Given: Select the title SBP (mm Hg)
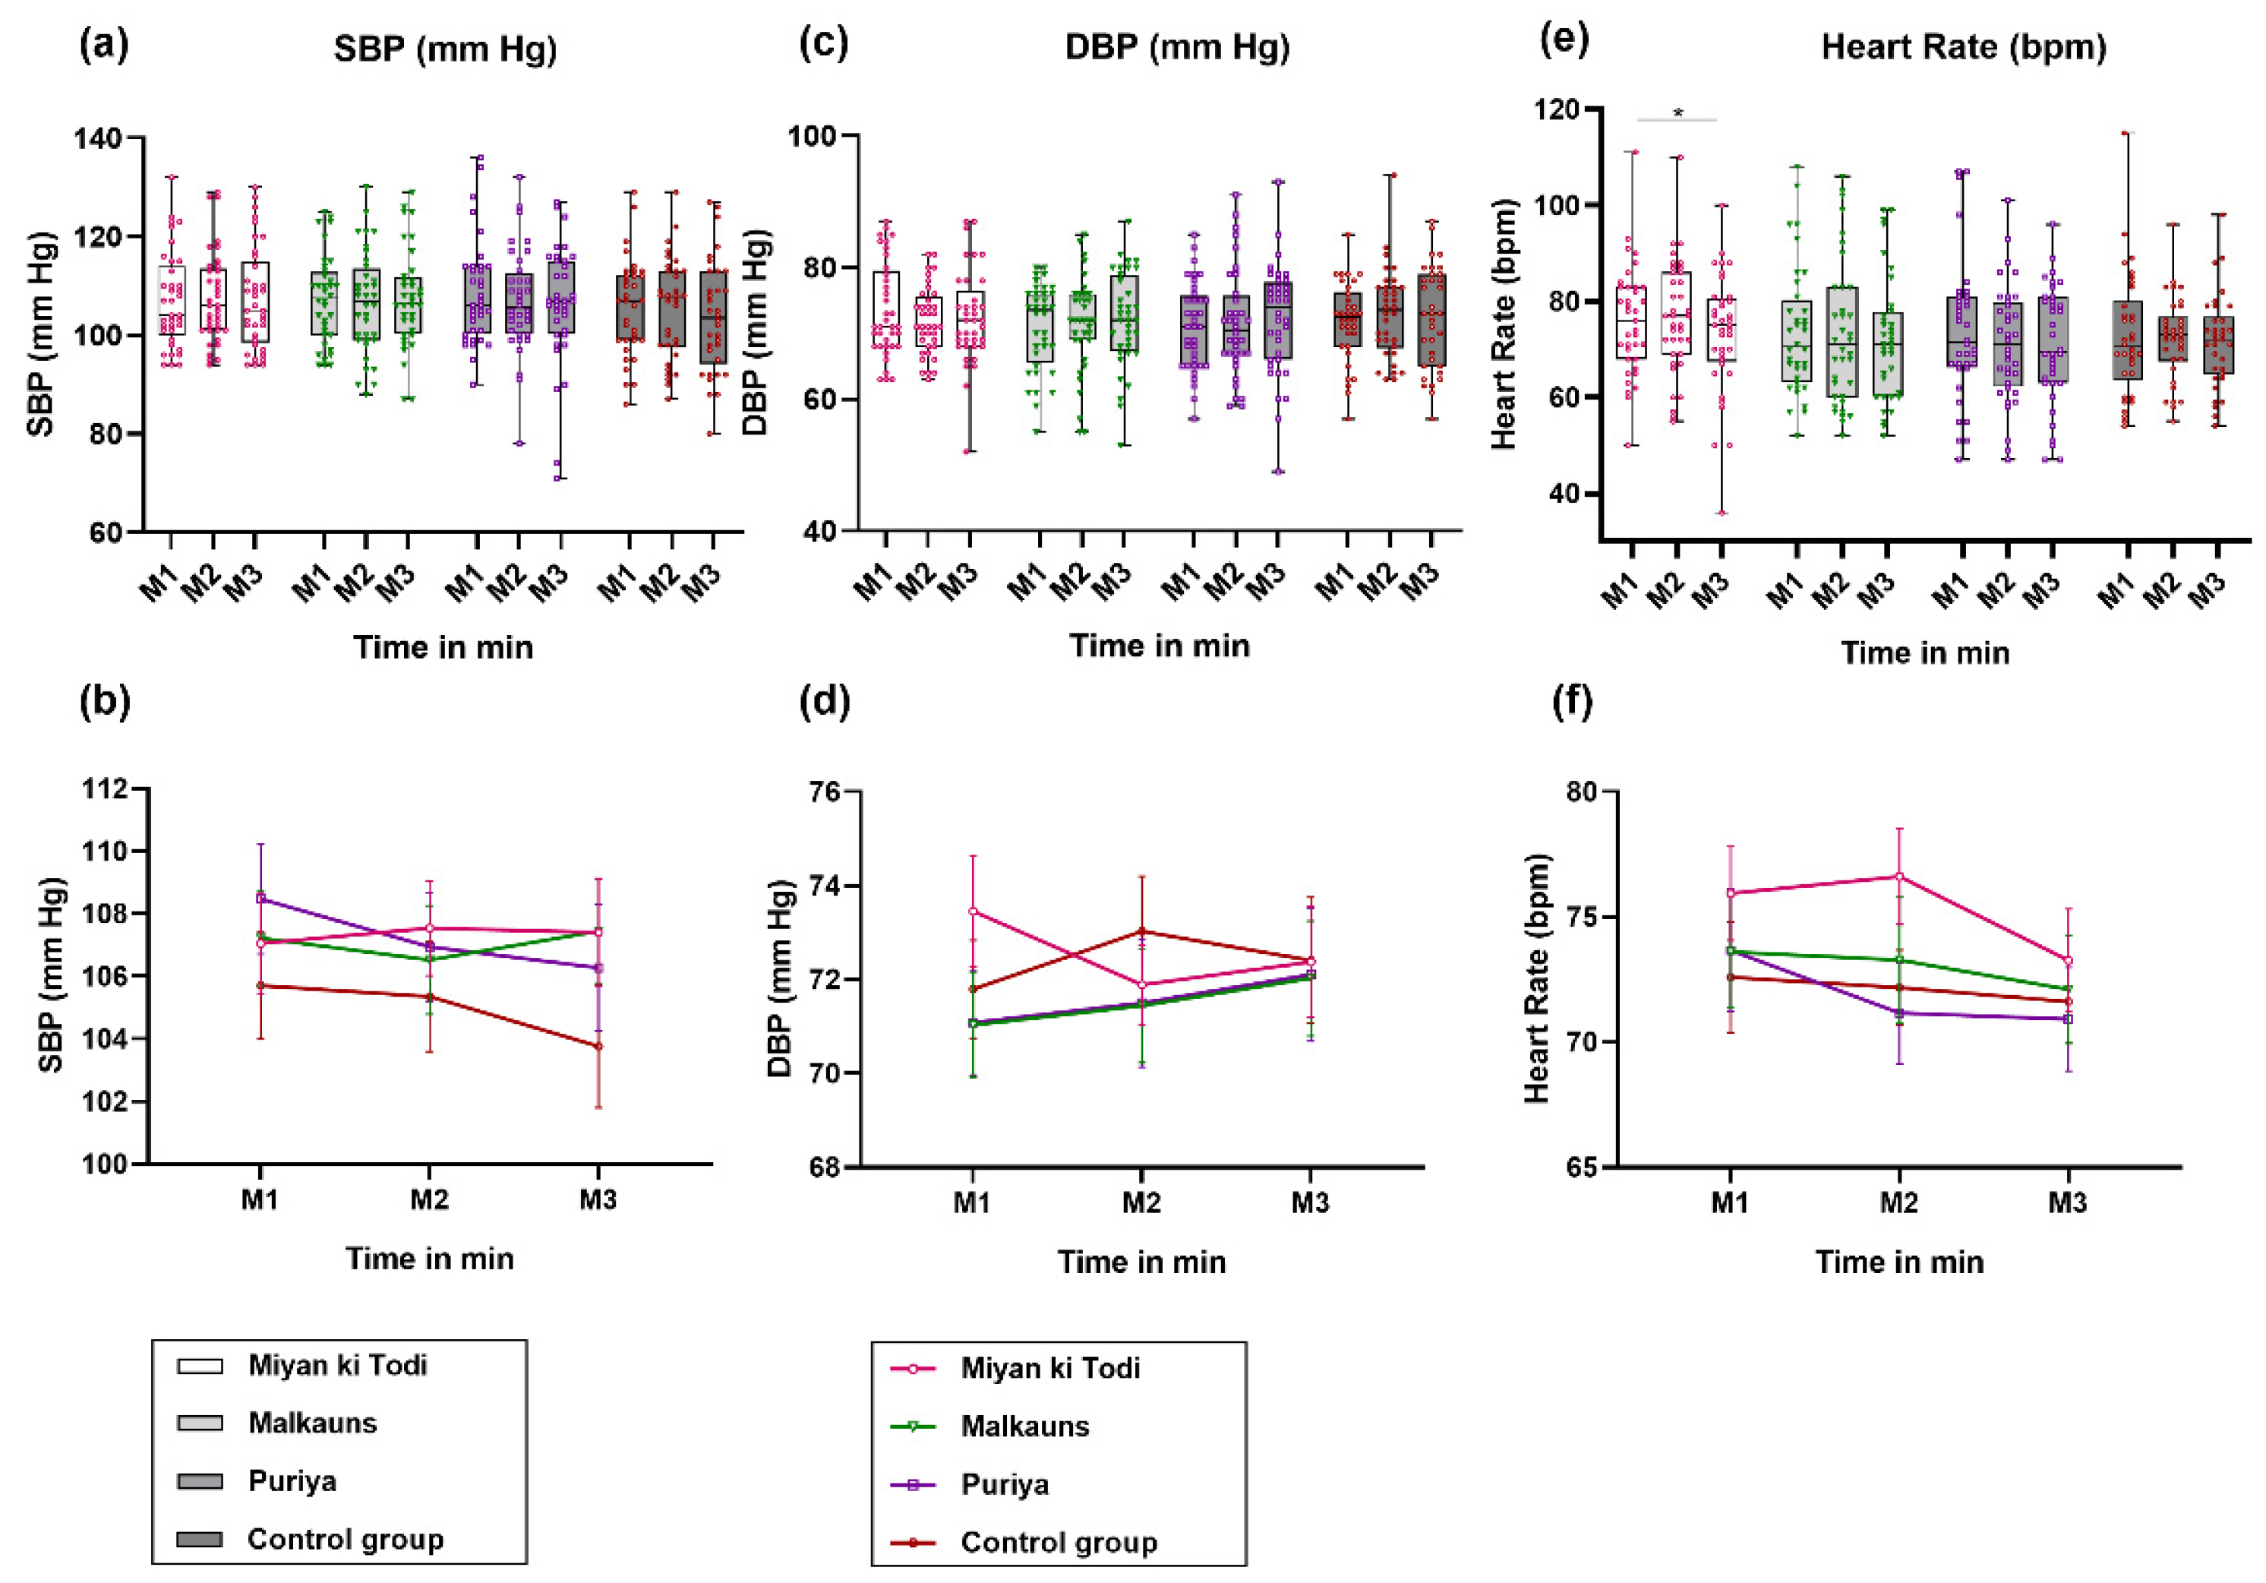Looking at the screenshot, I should (x=445, y=49).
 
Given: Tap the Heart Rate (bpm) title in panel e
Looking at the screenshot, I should (x=1963, y=46).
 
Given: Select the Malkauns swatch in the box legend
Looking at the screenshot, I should (x=200, y=1423).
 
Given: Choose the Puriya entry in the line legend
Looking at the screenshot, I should (x=1005, y=1484).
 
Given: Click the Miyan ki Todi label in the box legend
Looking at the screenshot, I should (x=337, y=1365).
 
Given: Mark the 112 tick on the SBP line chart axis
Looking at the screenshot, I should (x=106, y=788).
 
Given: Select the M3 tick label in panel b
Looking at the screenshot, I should (x=597, y=1200).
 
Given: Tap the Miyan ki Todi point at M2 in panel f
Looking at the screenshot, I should (x=1899, y=877).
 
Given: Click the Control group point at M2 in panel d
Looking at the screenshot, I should (x=1142, y=931).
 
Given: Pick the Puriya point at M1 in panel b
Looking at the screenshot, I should (x=260, y=898).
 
